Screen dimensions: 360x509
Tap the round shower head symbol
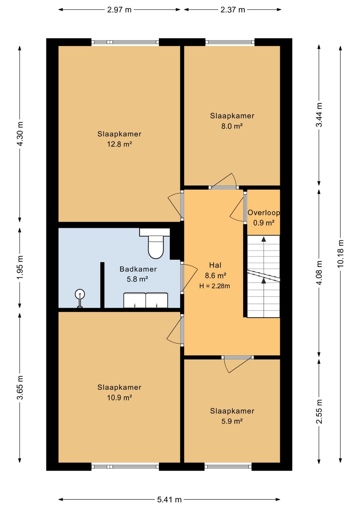(x=80, y=294)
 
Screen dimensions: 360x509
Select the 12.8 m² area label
(x=119, y=144)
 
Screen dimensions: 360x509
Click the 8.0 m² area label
(x=232, y=126)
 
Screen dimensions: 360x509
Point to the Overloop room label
(x=263, y=213)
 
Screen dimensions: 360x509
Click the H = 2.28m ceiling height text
(x=215, y=286)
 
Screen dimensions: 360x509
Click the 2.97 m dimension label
(x=119, y=10)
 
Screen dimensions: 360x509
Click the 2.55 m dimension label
(x=319, y=411)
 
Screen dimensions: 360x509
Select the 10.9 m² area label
(x=119, y=398)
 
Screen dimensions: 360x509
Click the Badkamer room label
(x=138, y=269)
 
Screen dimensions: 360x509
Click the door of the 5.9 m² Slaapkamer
(x=238, y=363)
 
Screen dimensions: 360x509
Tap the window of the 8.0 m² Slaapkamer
(x=230, y=42)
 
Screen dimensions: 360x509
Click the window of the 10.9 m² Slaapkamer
(x=125, y=467)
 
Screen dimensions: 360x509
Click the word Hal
(x=215, y=265)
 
